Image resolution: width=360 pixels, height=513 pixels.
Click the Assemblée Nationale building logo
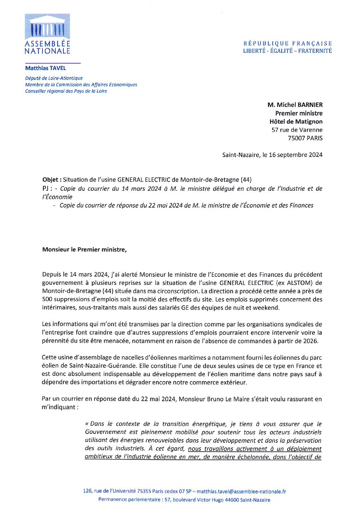[47, 27]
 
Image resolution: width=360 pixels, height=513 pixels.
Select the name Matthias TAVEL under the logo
[46, 68]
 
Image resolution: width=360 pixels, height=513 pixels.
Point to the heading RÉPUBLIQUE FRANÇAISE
[288, 43]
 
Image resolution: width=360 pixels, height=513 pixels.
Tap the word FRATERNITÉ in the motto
[315, 51]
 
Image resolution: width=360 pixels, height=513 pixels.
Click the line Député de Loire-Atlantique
[54, 78]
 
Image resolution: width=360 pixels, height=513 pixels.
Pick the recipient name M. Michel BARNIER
[295, 105]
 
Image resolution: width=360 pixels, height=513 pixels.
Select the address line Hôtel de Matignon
[296, 121]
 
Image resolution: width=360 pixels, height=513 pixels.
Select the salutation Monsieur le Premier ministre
[84, 250]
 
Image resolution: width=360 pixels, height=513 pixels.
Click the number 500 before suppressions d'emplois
[47, 299]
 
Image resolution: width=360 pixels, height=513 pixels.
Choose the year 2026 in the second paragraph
[310, 341]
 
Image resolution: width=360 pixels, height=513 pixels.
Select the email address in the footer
[241, 491]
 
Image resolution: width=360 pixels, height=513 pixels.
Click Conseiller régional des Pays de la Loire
[66, 91]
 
